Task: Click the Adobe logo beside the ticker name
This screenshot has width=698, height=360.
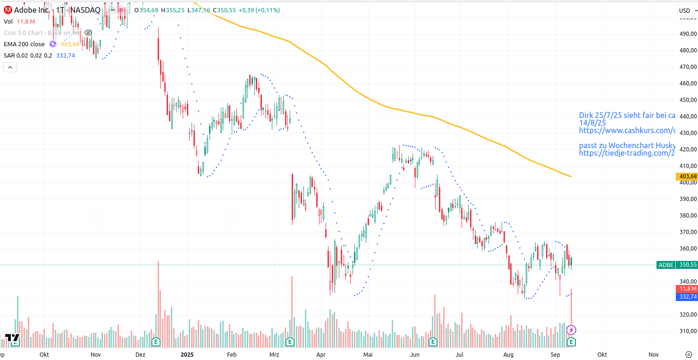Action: click(8, 10)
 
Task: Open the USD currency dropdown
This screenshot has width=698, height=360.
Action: click(685, 10)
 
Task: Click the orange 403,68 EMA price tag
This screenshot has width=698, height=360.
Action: click(688, 176)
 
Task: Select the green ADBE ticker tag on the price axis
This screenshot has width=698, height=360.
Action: click(666, 265)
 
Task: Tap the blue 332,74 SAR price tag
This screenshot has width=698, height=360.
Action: click(688, 297)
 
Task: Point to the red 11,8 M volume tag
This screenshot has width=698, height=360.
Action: click(688, 289)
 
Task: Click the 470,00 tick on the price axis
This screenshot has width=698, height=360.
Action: click(688, 67)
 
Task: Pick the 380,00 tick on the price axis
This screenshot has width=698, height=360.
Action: click(688, 216)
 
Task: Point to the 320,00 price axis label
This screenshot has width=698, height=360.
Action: click(688, 315)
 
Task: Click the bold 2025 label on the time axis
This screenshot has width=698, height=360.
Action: click(187, 354)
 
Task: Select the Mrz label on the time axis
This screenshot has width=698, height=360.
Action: click(274, 354)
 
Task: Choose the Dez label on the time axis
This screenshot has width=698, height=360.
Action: click(140, 354)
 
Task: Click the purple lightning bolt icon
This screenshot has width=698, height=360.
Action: click(571, 330)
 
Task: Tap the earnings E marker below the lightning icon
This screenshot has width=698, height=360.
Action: click(571, 341)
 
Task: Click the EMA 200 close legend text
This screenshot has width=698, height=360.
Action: click(24, 44)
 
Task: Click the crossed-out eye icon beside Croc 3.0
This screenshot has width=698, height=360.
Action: click(88, 33)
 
